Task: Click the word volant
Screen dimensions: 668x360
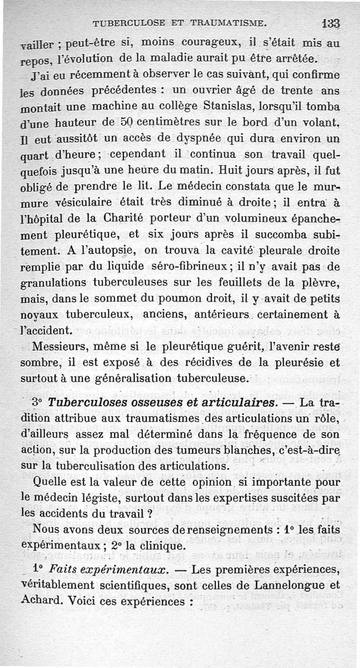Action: coord(321,123)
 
